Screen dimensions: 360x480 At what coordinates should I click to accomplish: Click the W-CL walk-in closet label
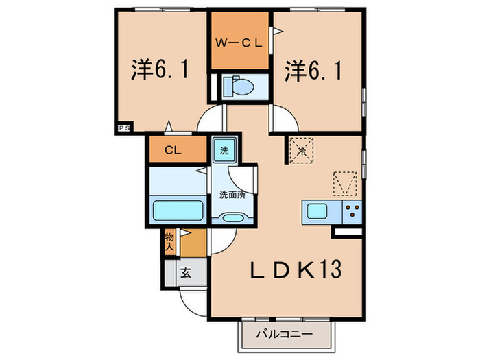[239, 43]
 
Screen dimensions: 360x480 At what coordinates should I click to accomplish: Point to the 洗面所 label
[232, 194]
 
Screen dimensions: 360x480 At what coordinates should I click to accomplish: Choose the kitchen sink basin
[317, 211]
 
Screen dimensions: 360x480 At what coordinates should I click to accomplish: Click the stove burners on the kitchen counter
[352, 211]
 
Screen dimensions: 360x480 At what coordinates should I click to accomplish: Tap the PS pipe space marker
[123, 128]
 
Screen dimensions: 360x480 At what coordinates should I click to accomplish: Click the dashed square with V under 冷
[345, 183]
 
